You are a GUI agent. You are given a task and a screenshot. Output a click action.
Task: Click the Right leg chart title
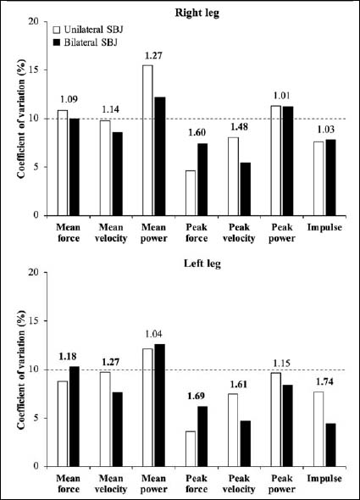point(197,13)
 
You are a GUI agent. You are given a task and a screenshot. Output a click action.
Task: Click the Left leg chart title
point(202,264)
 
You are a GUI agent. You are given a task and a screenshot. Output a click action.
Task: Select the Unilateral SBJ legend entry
point(88,30)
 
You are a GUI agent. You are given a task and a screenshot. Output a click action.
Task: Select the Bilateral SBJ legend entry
point(86,42)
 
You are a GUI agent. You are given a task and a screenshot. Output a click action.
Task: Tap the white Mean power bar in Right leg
point(147,141)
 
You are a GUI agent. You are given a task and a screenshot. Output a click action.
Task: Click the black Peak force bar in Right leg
point(202,180)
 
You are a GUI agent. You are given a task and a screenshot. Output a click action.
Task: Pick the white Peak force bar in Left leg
point(191,448)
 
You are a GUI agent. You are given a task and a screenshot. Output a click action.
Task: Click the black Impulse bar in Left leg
point(330,445)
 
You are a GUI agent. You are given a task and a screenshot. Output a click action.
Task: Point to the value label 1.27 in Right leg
point(153,56)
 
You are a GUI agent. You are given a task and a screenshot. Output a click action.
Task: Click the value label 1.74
point(324,381)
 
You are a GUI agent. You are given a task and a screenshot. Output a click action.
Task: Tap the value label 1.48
point(239,126)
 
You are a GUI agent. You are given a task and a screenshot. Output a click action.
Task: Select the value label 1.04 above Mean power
point(153,334)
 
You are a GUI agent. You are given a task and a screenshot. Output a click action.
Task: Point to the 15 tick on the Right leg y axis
point(37,69)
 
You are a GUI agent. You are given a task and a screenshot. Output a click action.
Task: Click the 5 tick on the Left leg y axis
point(40,418)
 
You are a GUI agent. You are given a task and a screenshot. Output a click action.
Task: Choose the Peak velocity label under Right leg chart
point(239,233)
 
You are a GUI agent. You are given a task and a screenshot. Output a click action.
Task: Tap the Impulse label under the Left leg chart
point(324,478)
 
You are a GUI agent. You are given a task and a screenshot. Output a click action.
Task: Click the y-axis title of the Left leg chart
point(21,369)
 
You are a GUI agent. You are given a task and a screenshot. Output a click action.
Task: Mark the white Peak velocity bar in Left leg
point(233,430)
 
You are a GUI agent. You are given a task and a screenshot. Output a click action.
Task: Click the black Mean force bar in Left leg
point(75,416)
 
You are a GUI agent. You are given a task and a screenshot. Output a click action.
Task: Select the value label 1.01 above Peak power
point(282,96)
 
